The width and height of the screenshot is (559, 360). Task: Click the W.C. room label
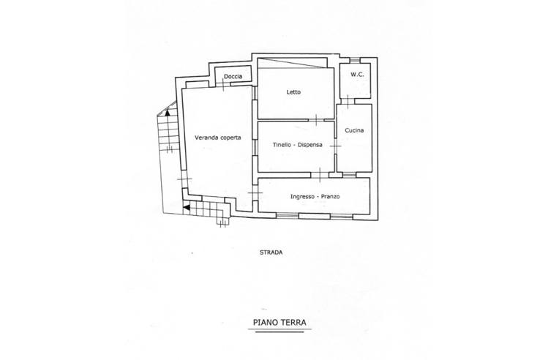tap(357, 75)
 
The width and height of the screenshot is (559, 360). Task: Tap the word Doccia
tap(233, 76)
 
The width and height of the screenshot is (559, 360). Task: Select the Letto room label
tap(293, 92)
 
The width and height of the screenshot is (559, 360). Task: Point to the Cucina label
tap(354, 130)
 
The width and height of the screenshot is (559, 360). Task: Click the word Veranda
tap(206, 138)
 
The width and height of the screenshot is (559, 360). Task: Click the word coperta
tap(230, 138)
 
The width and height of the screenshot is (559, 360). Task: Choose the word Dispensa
tap(310, 145)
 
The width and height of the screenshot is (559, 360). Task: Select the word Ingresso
tap(303, 197)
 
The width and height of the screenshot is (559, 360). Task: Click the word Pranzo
tap(330, 196)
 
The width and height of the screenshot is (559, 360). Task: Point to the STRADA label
tap(271, 252)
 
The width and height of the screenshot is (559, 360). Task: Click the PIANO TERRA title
tap(279, 323)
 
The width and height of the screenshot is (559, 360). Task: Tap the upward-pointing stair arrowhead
tap(168, 113)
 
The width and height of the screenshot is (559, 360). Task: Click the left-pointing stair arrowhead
tap(186, 207)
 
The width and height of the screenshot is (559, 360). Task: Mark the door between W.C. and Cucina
tap(348, 101)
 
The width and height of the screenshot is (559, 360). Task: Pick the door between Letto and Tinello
tap(317, 120)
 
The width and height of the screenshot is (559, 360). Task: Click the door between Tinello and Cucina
tap(335, 146)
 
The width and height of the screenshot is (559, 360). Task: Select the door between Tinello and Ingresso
tap(320, 175)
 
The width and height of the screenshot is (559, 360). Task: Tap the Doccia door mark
tap(223, 84)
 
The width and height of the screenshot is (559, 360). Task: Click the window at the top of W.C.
tap(354, 60)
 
